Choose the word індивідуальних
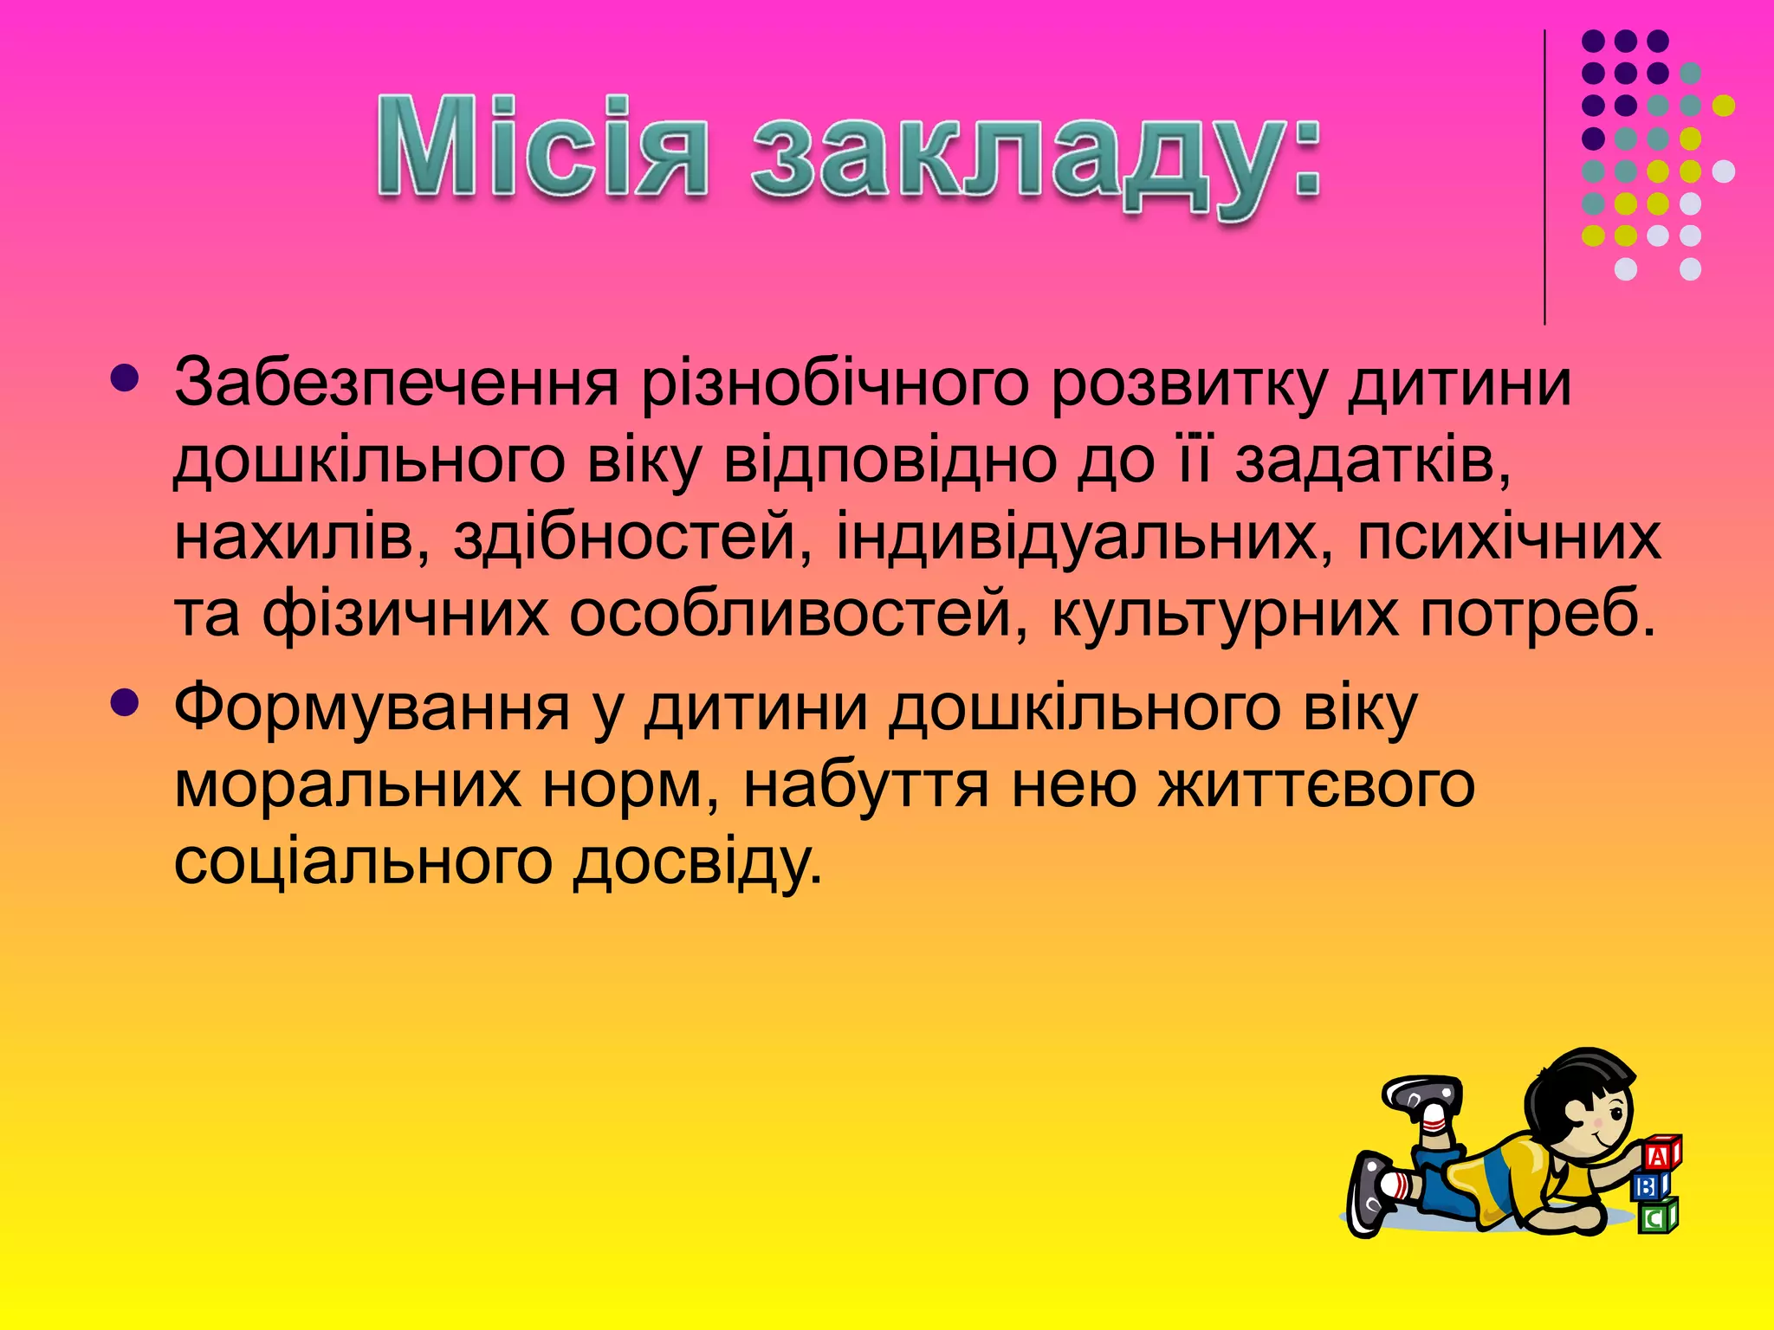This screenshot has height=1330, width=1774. (x=1084, y=538)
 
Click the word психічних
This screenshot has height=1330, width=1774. (x=1508, y=538)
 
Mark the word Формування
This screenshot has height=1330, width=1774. (x=372, y=708)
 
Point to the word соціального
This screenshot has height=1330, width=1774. (x=363, y=861)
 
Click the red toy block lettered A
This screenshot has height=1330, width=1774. (x=1659, y=1154)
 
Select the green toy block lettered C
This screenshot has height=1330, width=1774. (x=1655, y=1217)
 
